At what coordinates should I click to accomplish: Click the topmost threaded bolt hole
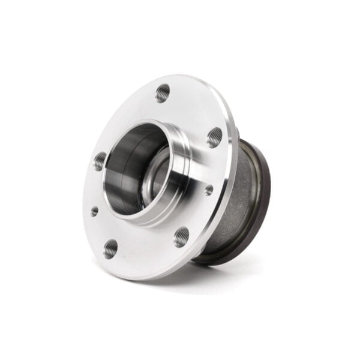click(x=163, y=93)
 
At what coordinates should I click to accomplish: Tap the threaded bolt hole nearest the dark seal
click(x=215, y=137)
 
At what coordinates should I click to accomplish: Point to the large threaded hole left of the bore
click(x=100, y=160)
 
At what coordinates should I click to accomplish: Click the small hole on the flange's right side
click(x=209, y=190)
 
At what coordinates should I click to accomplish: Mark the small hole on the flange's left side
click(x=94, y=211)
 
